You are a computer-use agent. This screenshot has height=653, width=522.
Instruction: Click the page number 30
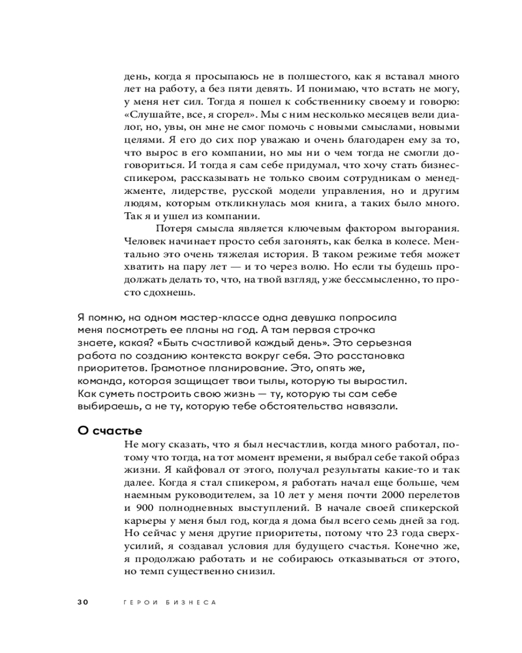(x=82, y=602)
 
